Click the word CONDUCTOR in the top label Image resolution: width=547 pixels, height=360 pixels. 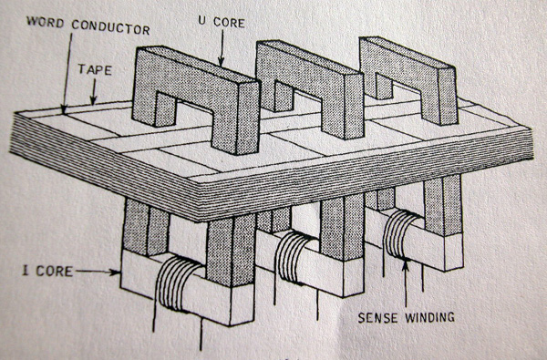coord(111,26)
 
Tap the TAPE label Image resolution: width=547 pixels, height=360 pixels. coord(95,69)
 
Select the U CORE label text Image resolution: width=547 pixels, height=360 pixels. coord(222,22)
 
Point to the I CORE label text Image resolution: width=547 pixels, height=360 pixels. coord(47,271)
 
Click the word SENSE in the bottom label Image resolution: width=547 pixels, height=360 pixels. coord(378,317)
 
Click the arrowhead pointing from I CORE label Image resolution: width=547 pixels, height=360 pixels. coord(115,273)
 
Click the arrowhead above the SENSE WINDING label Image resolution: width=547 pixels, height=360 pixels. coord(405,266)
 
